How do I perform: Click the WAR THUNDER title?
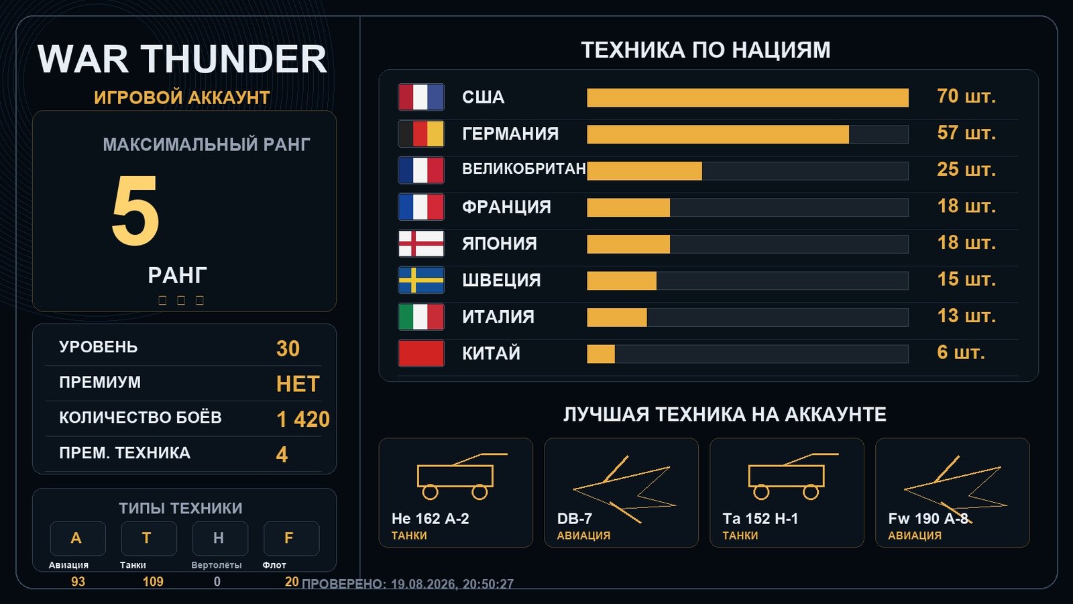point(182,59)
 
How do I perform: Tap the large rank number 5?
point(135,210)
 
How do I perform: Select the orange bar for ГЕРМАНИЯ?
point(718,134)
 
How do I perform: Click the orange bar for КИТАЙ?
point(601,354)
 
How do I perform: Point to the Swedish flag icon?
point(421,280)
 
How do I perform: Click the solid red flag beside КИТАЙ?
point(421,353)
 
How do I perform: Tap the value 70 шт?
point(966,97)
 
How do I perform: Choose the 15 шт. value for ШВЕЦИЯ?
point(966,279)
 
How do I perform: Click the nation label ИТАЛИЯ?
point(498,317)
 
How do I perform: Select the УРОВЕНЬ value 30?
point(288,348)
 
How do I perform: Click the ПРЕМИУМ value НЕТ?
point(298,384)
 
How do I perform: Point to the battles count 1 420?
point(303,419)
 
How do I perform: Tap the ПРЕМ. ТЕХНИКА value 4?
point(282,454)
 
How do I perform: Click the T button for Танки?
point(149,538)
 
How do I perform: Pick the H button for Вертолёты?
point(220,538)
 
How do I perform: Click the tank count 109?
point(153,581)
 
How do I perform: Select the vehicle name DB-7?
point(574,519)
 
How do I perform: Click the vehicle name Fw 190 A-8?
point(928,519)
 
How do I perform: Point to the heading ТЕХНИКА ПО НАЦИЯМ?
point(705,50)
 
